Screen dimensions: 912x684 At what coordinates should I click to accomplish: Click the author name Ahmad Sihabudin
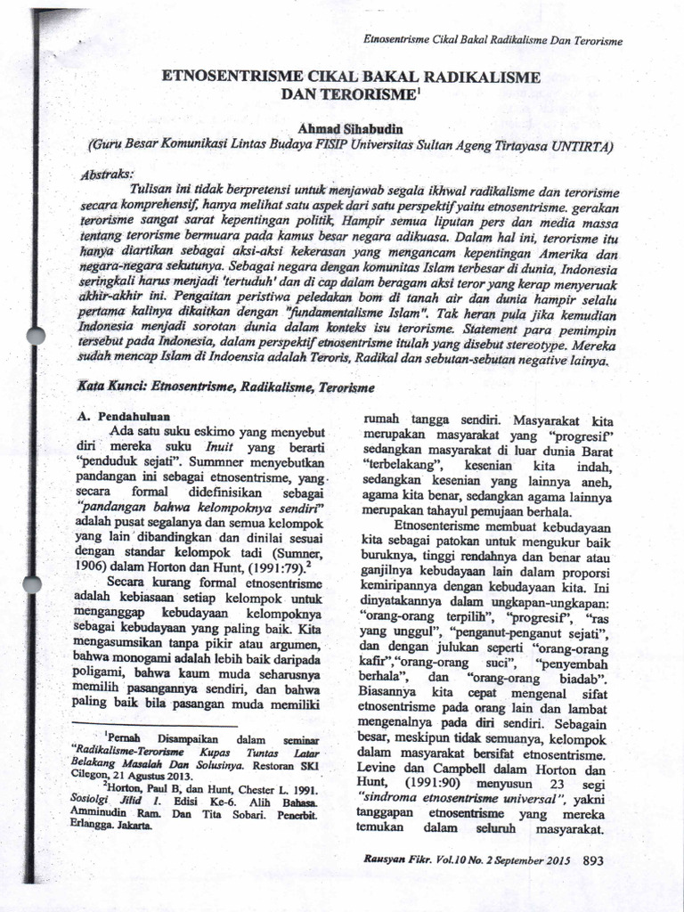point(351,129)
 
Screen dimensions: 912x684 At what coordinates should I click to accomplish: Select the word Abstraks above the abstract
point(104,173)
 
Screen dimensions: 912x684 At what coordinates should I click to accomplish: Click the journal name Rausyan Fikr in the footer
point(395,861)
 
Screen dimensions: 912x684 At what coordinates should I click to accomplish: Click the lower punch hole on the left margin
point(33,585)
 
